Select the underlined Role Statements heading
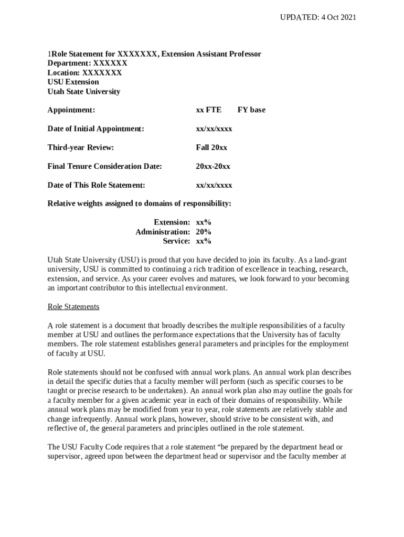(73, 306)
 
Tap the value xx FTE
(208, 110)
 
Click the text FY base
(251, 110)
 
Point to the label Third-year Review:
(81, 147)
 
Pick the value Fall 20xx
(211, 147)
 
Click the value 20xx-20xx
(213, 166)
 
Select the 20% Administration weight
(204, 232)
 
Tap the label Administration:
(163, 232)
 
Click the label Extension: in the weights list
(172, 222)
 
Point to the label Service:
(176, 241)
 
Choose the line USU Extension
(73, 82)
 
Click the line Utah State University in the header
(84, 91)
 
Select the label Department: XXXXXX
(87, 63)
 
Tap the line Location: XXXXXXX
(84, 72)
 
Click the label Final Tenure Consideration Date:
(104, 166)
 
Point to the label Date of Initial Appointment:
(95, 128)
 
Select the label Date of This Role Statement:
(96, 185)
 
